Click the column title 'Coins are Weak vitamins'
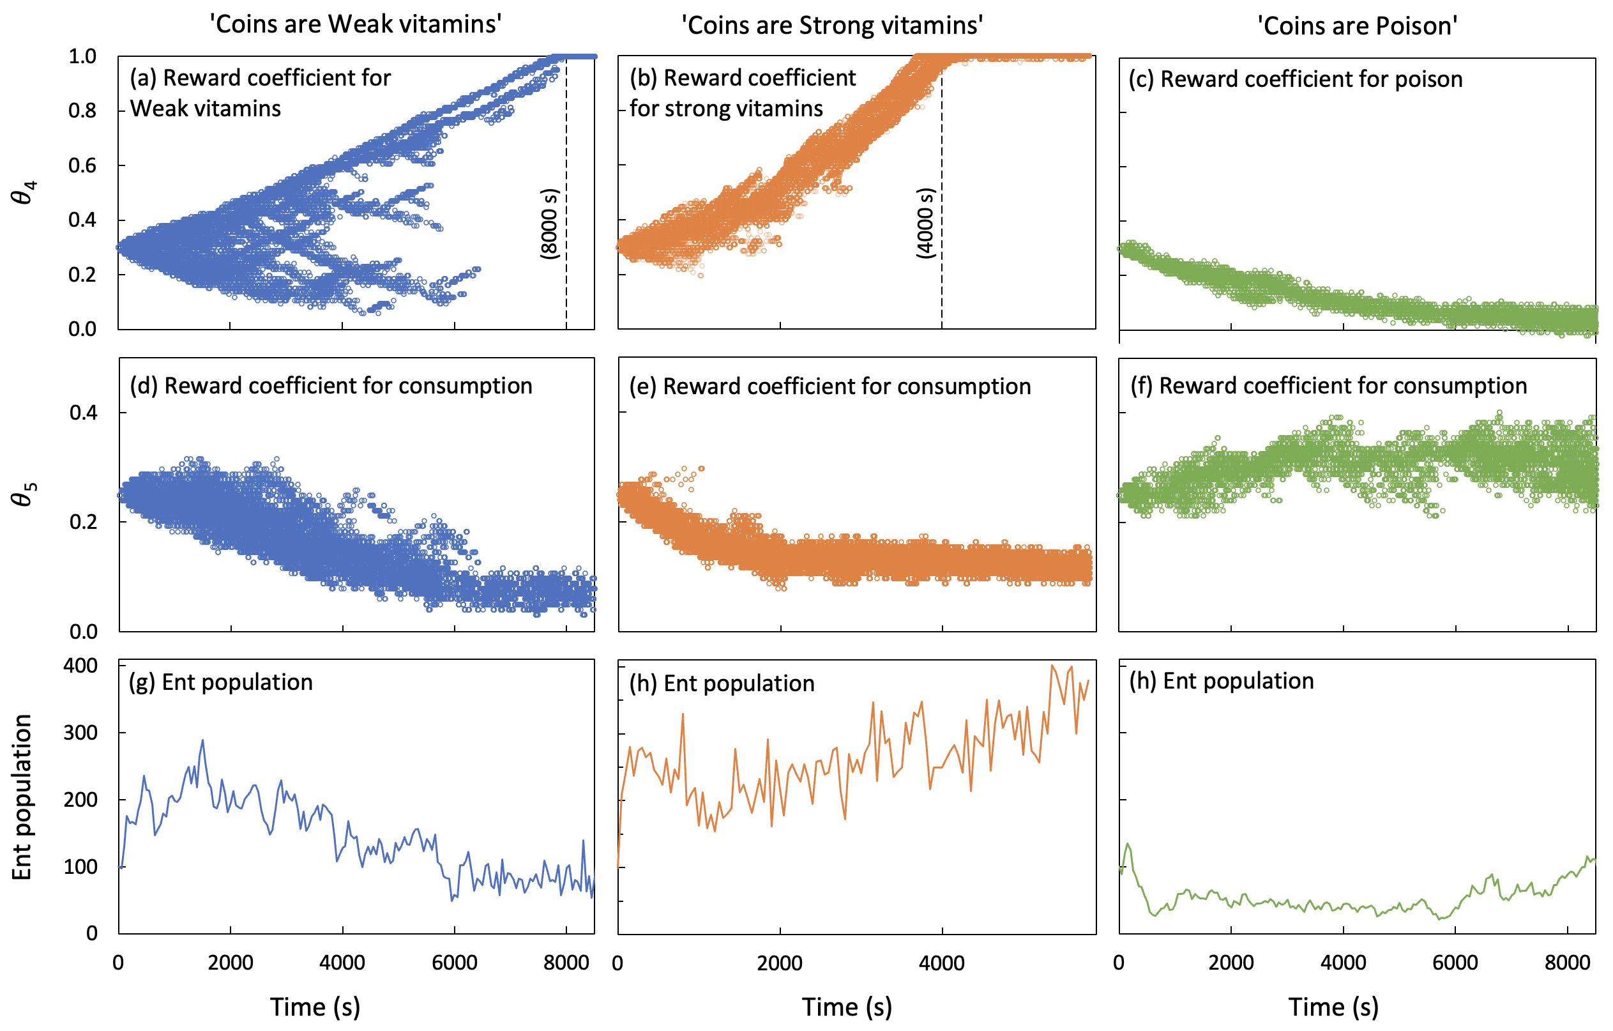pos(356,24)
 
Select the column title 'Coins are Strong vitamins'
pos(832,26)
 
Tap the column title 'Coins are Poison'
pos(1357,26)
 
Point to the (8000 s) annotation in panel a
pos(549,224)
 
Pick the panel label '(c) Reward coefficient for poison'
pos(1295,79)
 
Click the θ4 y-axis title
pos(24,192)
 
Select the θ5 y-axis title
pos(24,494)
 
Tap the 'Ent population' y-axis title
pos(22,797)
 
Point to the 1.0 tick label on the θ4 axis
pos(82,56)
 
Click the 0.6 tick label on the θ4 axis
pos(82,165)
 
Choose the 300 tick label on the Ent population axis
pos(80,732)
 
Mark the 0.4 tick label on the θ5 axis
pos(83,413)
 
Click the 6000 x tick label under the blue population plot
pos(454,963)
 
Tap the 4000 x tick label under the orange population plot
pos(941,963)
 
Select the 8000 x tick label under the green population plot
pos(1567,963)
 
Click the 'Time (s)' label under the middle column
pos(847,1007)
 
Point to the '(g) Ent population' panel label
pos(220,682)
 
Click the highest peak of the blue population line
pos(202,741)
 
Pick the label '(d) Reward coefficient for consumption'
pos(331,386)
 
